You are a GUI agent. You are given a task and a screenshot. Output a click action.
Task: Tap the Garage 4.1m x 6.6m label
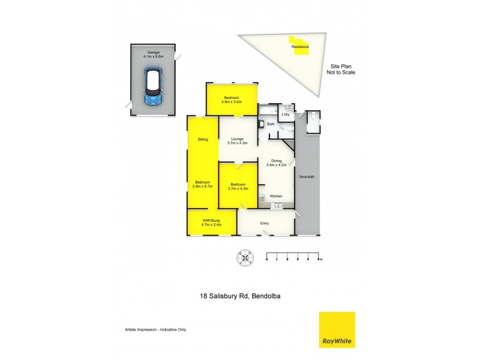tap(152, 54)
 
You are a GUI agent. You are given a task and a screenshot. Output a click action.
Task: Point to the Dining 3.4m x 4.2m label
tap(277, 163)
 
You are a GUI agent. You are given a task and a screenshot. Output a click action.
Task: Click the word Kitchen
tap(276, 196)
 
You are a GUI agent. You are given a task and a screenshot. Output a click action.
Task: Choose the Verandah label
tap(307, 176)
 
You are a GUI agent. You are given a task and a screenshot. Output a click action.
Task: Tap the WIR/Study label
tap(212, 223)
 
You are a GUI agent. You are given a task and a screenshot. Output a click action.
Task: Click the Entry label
tap(265, 224)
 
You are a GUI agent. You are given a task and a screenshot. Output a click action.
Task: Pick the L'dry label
tap(286, 114)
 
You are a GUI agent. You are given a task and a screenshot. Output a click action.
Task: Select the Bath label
tap(271, 124)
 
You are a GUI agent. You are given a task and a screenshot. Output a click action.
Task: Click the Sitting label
tap(203, 139)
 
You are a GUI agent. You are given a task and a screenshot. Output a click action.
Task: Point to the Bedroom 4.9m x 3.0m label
tap(232, 100)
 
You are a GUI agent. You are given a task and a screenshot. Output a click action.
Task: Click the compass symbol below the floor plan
tap(245, 257)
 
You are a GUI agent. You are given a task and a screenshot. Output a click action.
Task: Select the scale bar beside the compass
tap(293, 256)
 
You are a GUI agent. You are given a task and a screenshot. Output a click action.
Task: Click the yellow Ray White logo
tap(337, 329)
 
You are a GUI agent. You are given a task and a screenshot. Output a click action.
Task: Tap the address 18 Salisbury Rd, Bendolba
tap(239, 296)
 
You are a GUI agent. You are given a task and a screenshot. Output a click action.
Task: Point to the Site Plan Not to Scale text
tap(341, 69)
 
